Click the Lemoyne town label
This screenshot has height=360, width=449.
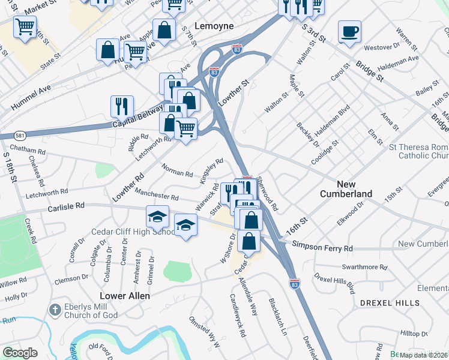coord(214,27)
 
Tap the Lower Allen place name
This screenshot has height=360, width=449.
coord(125,296)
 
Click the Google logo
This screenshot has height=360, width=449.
coord(20,353)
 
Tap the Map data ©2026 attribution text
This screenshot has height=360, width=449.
coord(423,355)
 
